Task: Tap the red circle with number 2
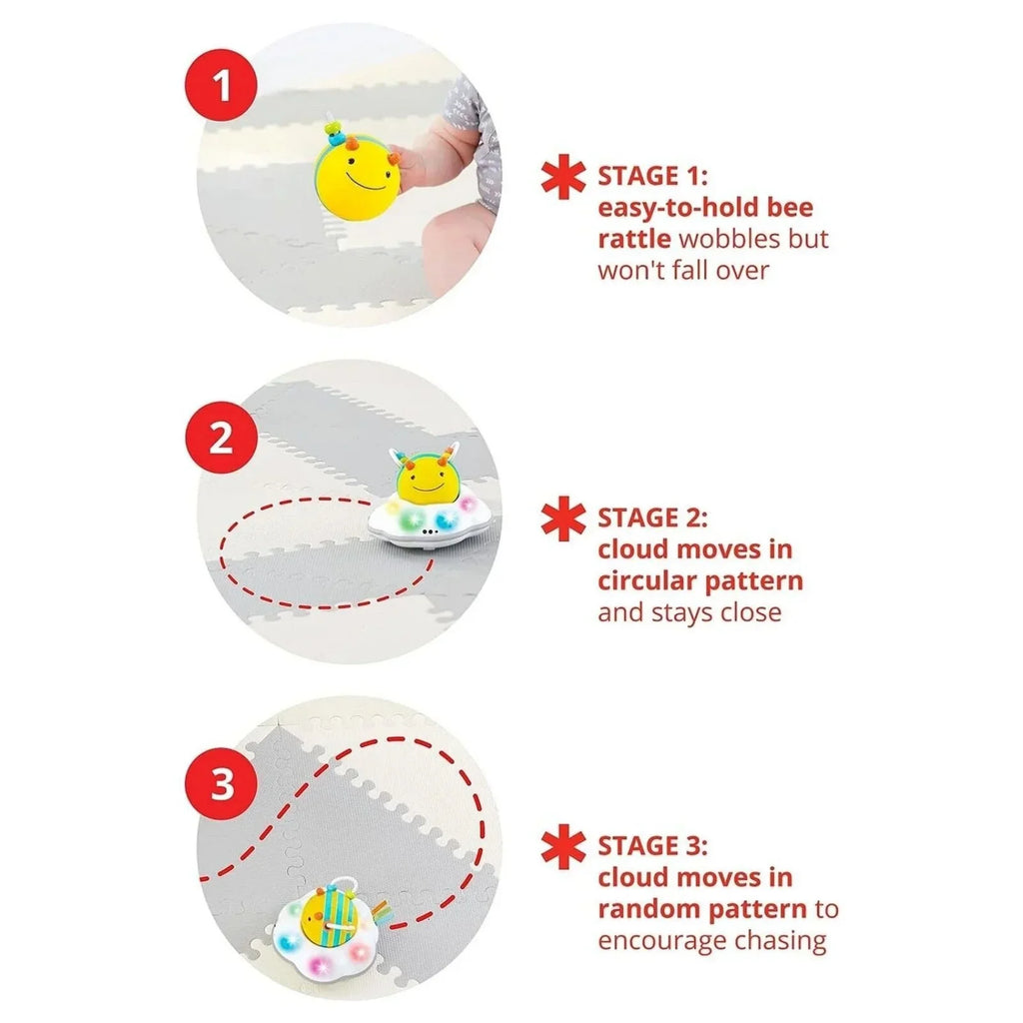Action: [x=222, y=437]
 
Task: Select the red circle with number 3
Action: [x=222, y=784]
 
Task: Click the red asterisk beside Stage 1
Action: [x=563, y=177]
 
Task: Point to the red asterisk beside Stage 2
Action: [x=563, y=518]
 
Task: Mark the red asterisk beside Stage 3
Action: [x=563, y=846]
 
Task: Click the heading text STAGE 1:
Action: [x=652, y=177]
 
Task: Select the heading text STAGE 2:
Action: [x=652, y=518]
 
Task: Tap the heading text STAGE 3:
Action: [x=652, y=846]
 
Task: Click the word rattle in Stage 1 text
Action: [x=633, y=239]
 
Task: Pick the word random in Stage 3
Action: [x=649, y=909]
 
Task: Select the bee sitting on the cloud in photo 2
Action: [x=428, y=479]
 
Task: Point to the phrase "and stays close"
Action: [x=689, y=612]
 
